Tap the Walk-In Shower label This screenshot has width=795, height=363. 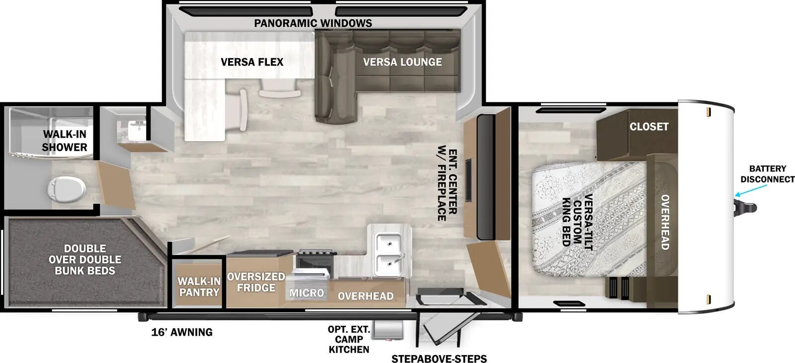(65, 141)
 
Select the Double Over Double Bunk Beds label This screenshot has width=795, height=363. (85, 260)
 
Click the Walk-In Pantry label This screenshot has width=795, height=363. (199, 287)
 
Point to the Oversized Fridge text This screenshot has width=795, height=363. (256, 282)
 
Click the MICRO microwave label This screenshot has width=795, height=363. (307, 293)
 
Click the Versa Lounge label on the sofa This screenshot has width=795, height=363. (402, 62)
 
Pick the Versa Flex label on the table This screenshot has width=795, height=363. (252, 62)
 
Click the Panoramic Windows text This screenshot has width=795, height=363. (313, 23)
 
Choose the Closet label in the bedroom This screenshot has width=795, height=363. (649, 126)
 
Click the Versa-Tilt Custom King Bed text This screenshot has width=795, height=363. (577, 219)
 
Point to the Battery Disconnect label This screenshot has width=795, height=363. (767, 174)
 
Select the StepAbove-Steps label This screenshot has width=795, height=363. (439, 359)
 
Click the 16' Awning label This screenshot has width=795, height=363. (182, 332)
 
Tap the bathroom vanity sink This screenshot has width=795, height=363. (135, 130)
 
